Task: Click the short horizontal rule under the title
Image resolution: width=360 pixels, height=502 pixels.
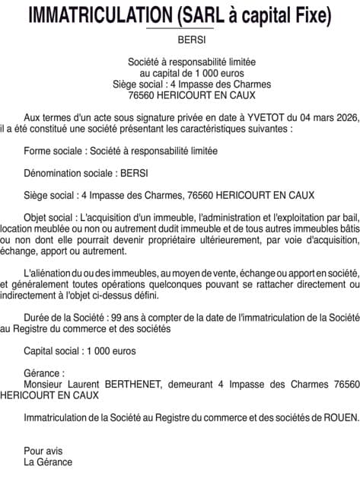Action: (180, 29)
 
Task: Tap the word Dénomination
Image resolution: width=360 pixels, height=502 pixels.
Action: (52, 173)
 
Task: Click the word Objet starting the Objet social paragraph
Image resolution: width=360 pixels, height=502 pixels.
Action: (37, 216)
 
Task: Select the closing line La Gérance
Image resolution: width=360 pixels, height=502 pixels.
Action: (48, 462)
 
